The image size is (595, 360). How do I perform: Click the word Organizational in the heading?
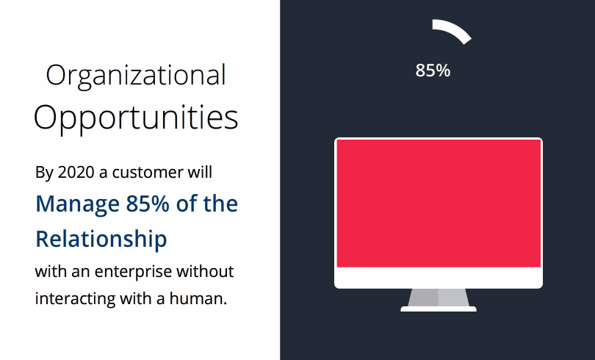136,76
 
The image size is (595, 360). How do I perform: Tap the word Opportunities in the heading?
136,118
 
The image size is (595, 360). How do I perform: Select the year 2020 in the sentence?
77,173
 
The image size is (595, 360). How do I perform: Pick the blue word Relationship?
101,239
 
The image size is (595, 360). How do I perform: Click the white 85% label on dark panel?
433,71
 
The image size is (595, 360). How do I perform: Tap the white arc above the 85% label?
452,30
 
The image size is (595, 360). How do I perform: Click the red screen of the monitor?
439,203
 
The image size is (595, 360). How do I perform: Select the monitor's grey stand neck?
439,297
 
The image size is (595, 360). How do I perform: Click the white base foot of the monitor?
439,309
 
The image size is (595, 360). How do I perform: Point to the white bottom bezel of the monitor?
439,277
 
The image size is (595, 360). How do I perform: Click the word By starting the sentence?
45,173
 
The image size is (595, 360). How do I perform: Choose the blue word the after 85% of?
221,204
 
